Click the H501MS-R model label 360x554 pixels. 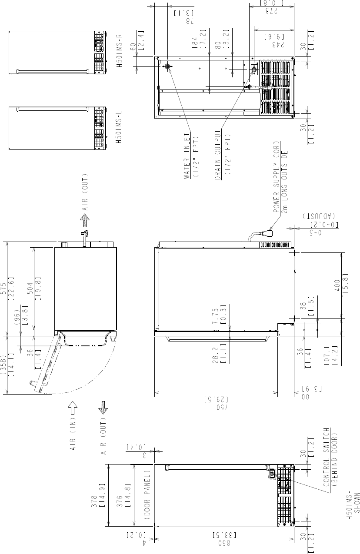[119, 51]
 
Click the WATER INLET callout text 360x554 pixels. [187, 156]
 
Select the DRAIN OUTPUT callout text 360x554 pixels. [217, 155]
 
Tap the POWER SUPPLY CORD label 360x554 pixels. [277, 177]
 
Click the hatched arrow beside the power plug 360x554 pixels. [85, 221]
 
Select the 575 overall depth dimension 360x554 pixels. [5, 289]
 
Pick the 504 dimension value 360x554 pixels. [30, 289]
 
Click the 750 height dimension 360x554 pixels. [223, 407]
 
